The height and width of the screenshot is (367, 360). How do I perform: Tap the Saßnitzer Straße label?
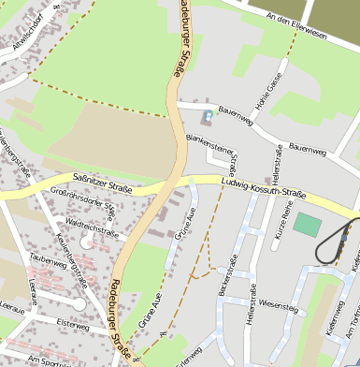coord(102,182)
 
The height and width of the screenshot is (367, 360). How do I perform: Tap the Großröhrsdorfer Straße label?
coord(82,204)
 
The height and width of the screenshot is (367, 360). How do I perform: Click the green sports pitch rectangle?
coord(306,225)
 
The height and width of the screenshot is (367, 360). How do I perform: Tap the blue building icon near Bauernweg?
coord(206,117)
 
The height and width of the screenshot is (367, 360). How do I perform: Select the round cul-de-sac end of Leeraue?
coord(78,304)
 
